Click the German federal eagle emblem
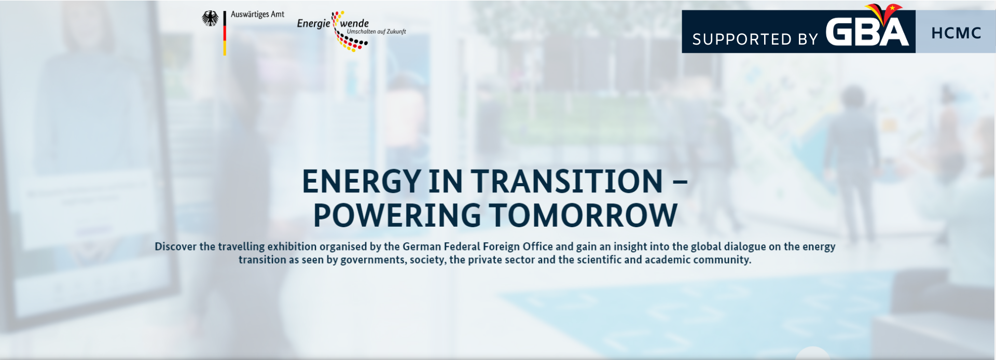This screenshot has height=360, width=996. point(210,19)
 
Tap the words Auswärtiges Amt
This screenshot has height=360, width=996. point(257,15)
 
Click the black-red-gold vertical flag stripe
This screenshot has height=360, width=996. point(225,33)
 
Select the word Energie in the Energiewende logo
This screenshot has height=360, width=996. point(313,23)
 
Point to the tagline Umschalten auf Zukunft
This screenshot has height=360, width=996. point(376,32)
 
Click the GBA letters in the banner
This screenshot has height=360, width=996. point(867,32)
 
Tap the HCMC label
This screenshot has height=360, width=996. point(956,33)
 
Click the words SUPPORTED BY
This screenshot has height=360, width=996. point(755,39)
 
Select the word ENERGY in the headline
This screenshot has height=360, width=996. point(361,182)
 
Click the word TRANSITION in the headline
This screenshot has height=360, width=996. point(567,182)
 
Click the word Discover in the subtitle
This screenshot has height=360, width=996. point(176,246)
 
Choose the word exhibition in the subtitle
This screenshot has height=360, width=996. point(292,246)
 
